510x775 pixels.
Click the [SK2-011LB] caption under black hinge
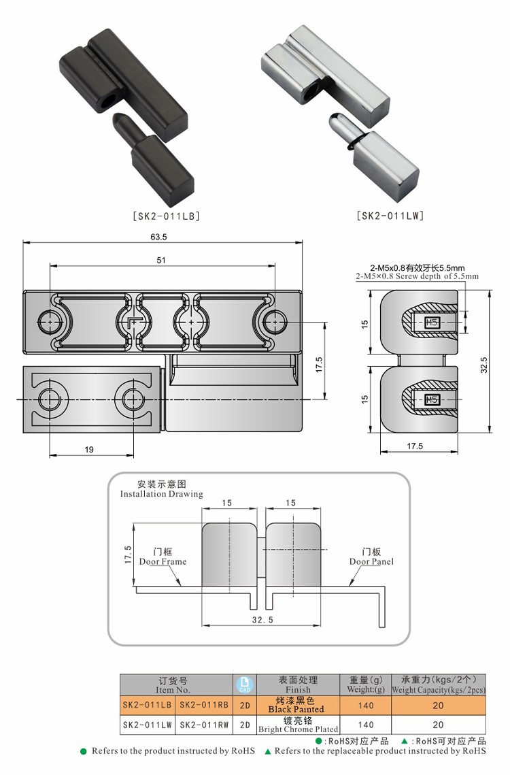pyautogui.click(x=166, y=216)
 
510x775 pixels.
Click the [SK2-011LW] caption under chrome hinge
pyautogui.click(x=390, y=216)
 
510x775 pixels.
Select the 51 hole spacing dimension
pyautogui.click(x=161, y=261)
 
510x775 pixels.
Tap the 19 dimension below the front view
pyautogui.click(x=90, y=448)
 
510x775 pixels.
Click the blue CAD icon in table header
pyautogui.click(x=244, y=685)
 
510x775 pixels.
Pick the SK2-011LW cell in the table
pyautogui.click(x=148, y=725)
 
